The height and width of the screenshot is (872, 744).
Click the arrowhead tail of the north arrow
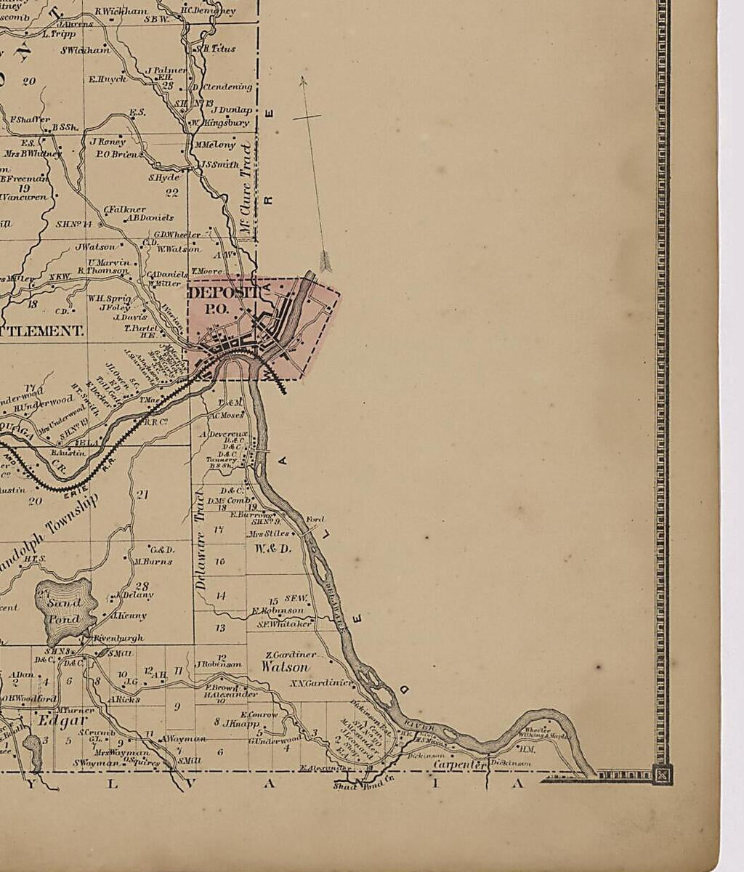click(x=325, y=262)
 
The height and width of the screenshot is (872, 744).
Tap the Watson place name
click(x=285, y=666)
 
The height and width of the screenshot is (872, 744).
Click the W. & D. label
click(x=273, y=549)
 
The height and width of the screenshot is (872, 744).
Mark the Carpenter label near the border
click(x=459, y=764)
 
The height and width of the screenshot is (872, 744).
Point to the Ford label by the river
click(x=315, y=520)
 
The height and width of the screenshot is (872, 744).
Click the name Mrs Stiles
click(x=268, y=533)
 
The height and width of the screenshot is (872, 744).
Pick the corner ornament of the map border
click(x=662, y=775)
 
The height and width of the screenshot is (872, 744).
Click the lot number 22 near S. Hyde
click(x=171, y=193)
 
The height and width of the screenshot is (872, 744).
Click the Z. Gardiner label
click(x=291, y=654)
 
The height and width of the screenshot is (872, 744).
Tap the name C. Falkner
click(x=125, y=209)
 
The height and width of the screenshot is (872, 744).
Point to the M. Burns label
click(x=153, y=561)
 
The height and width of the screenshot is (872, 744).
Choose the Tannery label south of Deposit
click(x=222, y=459)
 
